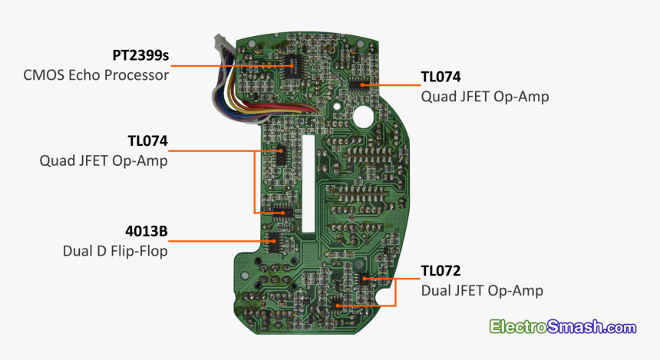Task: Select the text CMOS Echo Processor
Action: point(96,75)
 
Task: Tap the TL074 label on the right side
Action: point(441,77)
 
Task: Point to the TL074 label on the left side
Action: point(147,141)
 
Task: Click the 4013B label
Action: point(147,231)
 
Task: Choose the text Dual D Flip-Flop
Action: point(115,250)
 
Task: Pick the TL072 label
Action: point(441,271)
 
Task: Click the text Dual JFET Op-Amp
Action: point(482,291)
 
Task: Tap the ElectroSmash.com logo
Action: point(563,327)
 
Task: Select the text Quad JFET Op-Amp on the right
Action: point(485,97)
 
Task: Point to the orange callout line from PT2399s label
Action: point(230,66)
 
